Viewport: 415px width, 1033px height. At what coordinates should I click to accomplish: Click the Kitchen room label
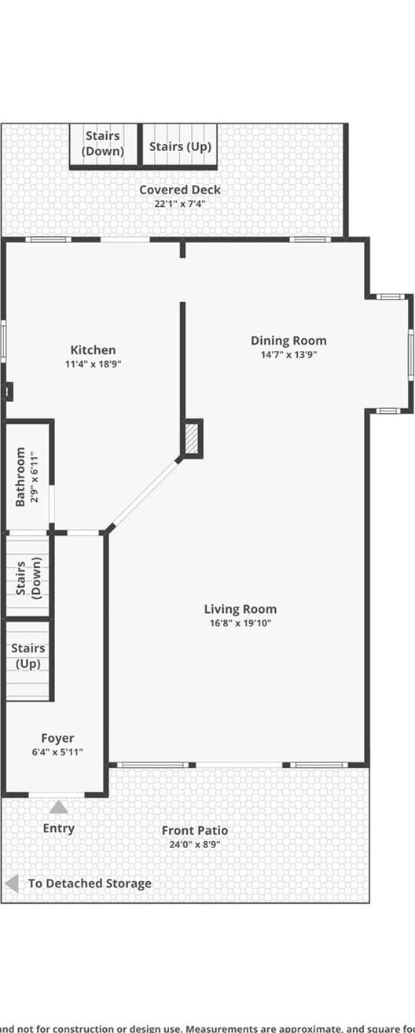[93, 350]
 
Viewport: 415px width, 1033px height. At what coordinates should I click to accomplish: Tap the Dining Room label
[288, 341]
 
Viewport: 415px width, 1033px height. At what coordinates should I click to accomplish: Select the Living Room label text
[241, 609]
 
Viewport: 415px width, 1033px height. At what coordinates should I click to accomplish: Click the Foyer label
[57, 738]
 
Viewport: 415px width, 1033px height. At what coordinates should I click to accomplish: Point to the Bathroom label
[21, 477]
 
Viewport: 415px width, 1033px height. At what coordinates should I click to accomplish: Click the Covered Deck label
[180, 190]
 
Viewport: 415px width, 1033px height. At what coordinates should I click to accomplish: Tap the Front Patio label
[195, 830]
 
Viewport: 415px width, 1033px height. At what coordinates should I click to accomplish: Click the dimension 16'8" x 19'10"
[241, 623]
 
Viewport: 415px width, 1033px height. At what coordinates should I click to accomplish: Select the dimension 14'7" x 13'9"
[288, 355]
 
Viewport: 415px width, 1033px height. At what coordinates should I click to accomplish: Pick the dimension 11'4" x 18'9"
[93, 364]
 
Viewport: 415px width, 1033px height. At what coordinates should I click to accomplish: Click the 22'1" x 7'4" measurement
[180, 204]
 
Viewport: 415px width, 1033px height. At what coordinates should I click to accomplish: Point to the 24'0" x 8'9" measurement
[195, 844]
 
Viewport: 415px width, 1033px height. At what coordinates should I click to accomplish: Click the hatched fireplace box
[193, 438]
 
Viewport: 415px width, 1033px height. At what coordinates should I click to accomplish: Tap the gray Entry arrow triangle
[59, 806]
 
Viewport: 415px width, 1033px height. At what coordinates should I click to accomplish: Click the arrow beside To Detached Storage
[11, 883]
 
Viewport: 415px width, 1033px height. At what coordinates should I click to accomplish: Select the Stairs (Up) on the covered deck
[179, 146]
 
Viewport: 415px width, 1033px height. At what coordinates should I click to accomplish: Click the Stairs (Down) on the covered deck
[104, 144]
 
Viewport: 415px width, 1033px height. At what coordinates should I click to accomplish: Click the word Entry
[59, 828]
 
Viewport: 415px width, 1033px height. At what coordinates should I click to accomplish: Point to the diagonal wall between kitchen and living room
[145, 495]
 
